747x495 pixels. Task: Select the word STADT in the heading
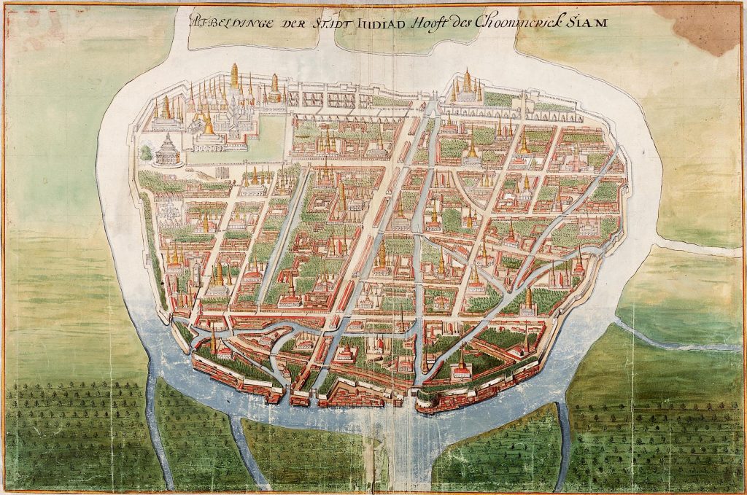[336, 23]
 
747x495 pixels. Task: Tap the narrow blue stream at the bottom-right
[561, 437]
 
